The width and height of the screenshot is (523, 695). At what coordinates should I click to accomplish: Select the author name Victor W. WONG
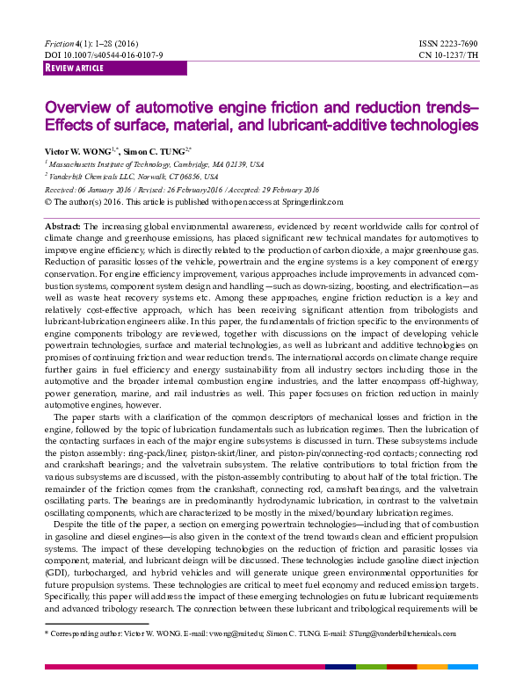pyautogui.click(x=78, y=150)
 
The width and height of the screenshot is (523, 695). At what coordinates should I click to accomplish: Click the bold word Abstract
pyautogui.click(x=62, y=227)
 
